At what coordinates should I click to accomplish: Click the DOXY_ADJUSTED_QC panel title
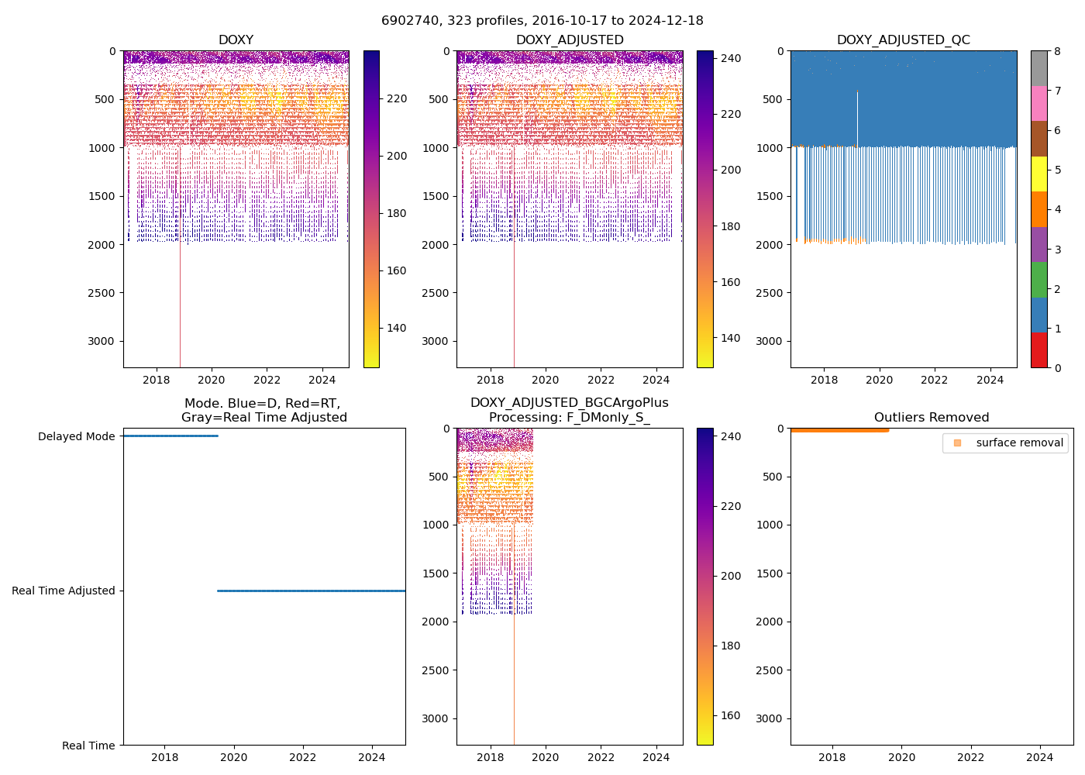click(903, 40)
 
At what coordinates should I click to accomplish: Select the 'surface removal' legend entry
click(1019, 443)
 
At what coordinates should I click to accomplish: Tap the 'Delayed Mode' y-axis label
click(76, 436)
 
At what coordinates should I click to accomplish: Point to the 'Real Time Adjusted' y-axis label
click(64, 591)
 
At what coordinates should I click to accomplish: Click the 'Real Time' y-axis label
click(88, 746)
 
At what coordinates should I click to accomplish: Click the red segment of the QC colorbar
click(1038, 350)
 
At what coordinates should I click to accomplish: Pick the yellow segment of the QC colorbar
click(1038, 174)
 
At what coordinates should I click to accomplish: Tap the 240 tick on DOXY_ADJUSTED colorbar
click(730, 58)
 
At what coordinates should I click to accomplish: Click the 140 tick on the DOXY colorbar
click(397, 328)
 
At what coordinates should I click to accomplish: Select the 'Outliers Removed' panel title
click(932, 418)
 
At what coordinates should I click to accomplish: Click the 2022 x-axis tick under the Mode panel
click(303, 757)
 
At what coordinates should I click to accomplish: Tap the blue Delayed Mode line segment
click(170, 436)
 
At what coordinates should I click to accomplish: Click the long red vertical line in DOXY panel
click(180, 310)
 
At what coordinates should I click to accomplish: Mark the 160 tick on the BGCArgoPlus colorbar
click(730, 715)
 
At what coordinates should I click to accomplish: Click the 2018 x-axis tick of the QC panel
click(824, 380)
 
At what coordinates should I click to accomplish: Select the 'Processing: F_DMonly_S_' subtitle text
click(569, 418)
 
